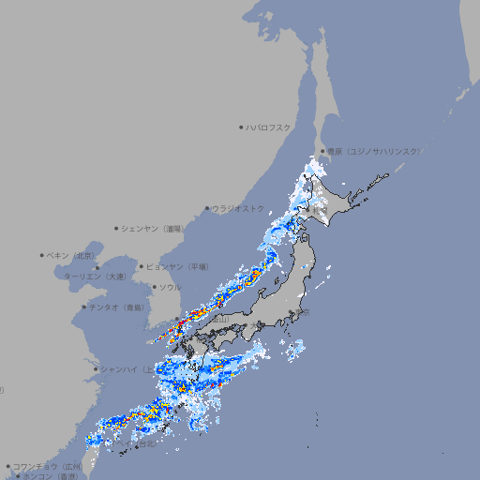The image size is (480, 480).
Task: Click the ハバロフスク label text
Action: (269, 127)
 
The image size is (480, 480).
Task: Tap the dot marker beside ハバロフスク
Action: (241, 127)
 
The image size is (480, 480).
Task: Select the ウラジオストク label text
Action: (238, 208)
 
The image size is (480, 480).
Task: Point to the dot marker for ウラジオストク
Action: (207, 209)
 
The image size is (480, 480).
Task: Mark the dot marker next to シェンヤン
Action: (117, 228)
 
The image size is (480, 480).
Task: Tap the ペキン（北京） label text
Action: (71, 255)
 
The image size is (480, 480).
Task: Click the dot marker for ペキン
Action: (42, 255)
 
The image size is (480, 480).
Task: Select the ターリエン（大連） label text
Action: (95, 277)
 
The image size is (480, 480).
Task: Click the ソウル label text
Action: (170, 287)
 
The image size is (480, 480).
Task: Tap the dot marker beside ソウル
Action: (154, 287)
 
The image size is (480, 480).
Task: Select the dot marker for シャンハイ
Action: (96, 368)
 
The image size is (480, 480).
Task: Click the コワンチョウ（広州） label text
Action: (48, 466)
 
